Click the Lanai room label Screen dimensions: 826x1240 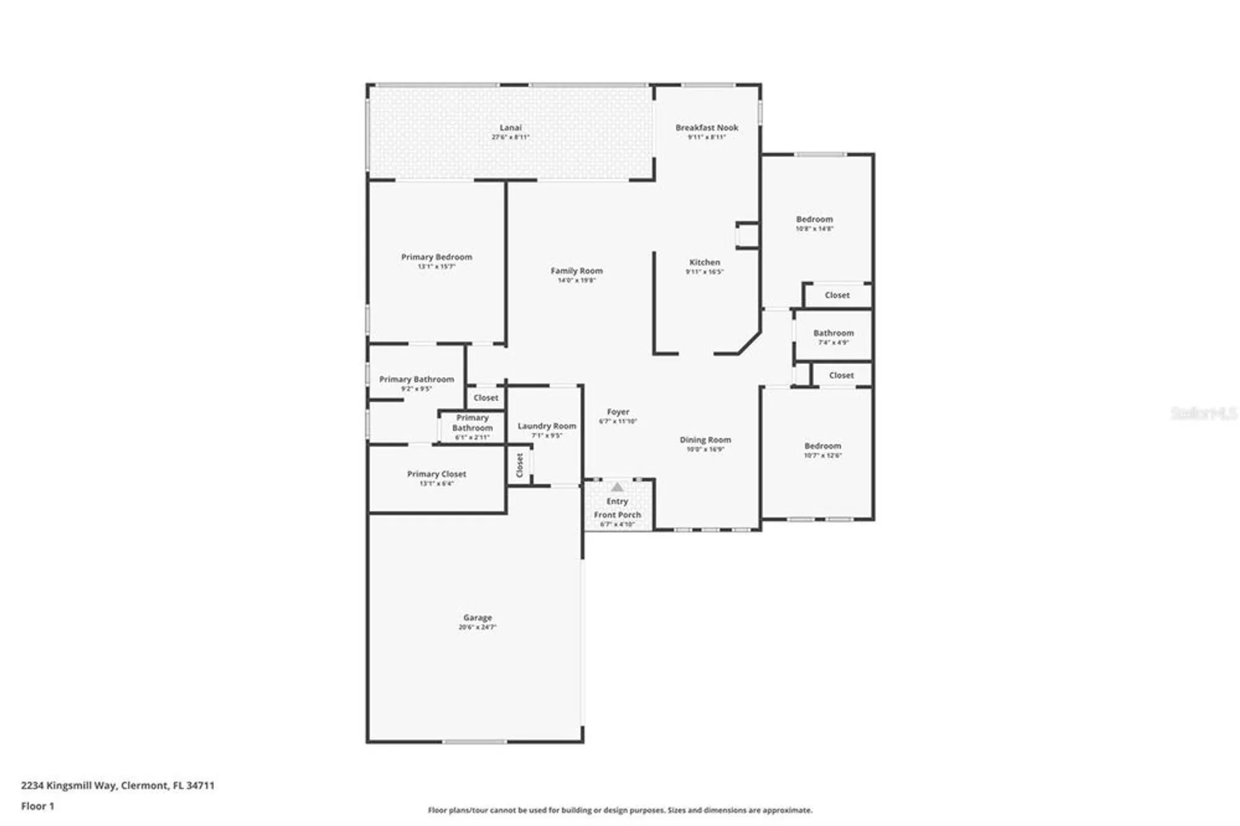[x=510, y=128]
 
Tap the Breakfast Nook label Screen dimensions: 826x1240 [x=706, y=128]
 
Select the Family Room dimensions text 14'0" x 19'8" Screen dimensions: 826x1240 [x=576, y=280]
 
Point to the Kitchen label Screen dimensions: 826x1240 [x=704, y=262]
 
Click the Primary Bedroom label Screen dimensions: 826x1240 [x=436, y=257]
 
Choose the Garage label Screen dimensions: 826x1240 [x=477, y=618]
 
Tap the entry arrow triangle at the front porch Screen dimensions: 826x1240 [x=617, y=487]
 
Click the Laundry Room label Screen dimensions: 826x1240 [x=546, y=426]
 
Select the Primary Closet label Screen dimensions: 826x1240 [x=436, y=474]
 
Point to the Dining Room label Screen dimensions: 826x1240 [x=705, y=440]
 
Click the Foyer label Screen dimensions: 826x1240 [x=618, y=412]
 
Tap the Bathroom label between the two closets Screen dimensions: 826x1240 [x=833, y=333]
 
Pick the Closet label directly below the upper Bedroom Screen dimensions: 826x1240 [x=836, y=295]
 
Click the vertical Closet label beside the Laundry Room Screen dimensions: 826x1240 [x=520, y=465]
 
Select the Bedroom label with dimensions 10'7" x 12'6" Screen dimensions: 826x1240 [x=822, y=446]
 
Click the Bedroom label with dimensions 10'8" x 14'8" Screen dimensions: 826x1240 [x=814, y=220]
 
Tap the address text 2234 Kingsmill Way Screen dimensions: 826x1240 [x=118, y=785]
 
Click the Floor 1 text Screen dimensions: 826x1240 [x=37, y=806]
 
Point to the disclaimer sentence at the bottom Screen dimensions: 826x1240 [x=619, y=810]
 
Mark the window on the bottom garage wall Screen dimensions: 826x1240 [x=474, y=742]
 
